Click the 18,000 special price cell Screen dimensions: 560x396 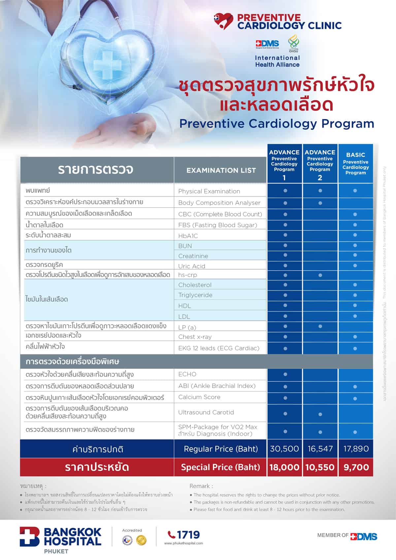pos(284,467)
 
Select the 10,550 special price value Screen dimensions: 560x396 pos(320,467)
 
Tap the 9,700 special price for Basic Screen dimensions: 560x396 pos(356,467)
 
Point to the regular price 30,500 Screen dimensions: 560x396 pos(284,449)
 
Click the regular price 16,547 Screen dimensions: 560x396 pos(320,449)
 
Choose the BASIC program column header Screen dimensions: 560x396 pos(355,163)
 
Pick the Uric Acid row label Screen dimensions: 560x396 pos(192,266)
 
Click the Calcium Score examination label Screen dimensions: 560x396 pos(199,397)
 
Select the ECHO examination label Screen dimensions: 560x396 pos(187,374)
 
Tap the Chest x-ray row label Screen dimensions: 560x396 pos(195,337)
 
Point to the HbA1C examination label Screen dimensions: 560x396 pos(188,236)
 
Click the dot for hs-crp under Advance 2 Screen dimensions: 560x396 pos(320,275)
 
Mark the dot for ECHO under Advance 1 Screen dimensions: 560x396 pos(285,375)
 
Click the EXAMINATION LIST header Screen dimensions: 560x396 pos(221,170)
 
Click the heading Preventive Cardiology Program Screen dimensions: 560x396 pos(277,124)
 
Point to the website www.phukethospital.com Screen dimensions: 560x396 pos(183,543)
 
